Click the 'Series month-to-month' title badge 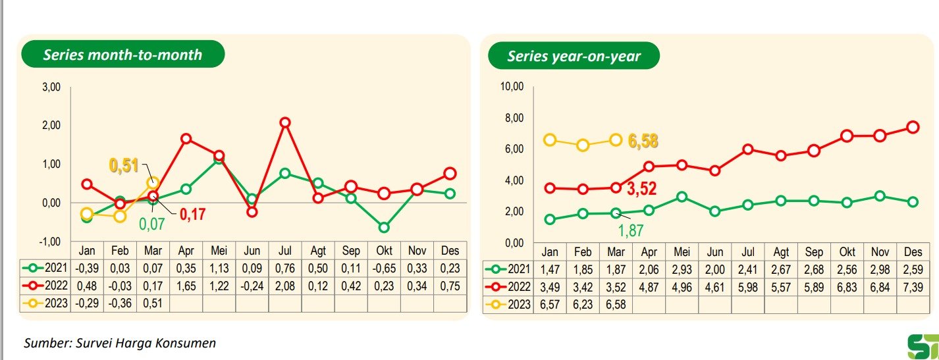pos(122,55)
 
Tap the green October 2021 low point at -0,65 pos(384,228)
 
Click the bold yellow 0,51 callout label pos(123,165)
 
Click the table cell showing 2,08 pos(285,286)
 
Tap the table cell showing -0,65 pos(384,269)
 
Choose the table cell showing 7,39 pos(912,287)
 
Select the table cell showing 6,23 pos(583,305)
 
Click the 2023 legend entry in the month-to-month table pos(44,304)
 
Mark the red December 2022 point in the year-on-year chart pos(913,127)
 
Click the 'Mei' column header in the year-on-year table pos(682,252)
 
